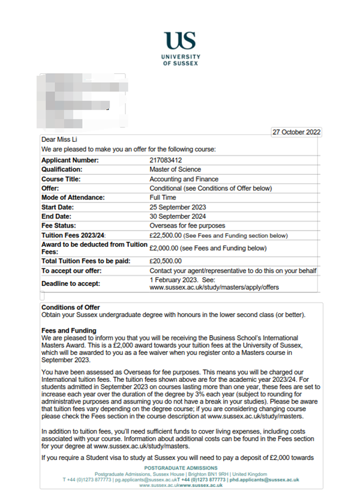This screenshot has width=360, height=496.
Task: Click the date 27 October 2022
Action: pos(296,132)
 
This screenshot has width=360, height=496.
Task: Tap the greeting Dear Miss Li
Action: pos(59,141)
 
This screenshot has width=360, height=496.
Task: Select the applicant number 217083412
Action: pos(166,160)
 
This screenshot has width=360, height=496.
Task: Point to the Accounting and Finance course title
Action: pos(184,179)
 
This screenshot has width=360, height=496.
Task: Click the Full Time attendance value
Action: pos(163,198)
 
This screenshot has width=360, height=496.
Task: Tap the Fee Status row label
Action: pos(59,226)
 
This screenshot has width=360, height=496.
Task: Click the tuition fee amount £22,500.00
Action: pos(165,235)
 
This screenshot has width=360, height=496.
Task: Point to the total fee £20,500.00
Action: pos(165,261)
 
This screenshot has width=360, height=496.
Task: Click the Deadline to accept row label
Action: pos(71,283)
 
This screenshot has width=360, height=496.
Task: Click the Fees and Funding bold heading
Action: pos(68,330)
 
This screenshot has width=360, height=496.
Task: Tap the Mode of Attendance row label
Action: pos(73,198)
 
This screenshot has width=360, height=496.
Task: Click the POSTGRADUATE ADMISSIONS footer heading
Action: pos(179,468)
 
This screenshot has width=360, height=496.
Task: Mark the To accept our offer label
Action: pos(71,271)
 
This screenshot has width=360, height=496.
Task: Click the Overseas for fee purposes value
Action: pos(187,226)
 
